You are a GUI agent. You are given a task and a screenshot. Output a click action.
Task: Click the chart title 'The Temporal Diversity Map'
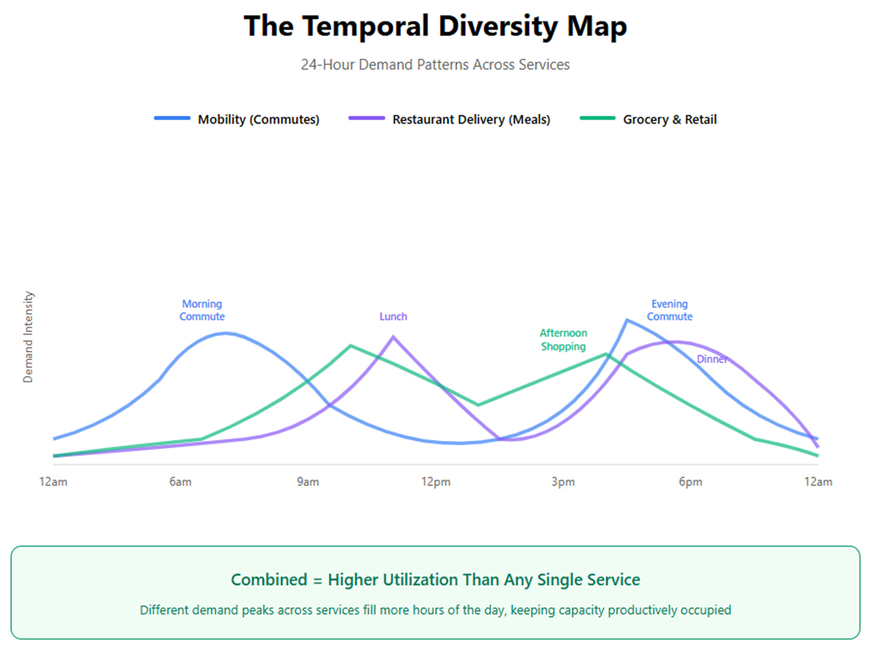pos(435,26)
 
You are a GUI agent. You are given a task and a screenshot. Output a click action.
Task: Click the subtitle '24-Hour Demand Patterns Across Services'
pos(435,65)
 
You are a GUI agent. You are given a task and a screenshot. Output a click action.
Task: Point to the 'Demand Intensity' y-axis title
pos(28,337)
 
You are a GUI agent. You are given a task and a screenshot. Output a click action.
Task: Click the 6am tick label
pos(180,482)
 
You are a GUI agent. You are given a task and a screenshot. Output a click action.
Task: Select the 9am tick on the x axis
pos(308,482)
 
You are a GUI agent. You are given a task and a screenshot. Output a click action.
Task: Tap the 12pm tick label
pos(435,482)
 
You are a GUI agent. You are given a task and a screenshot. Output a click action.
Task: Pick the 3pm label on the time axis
pos(563,482)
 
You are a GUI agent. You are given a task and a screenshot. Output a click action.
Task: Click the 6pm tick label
pos(690,482)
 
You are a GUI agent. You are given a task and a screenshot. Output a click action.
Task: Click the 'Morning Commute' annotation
pos(202,310)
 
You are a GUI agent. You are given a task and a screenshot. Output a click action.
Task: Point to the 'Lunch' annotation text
pos(393,316)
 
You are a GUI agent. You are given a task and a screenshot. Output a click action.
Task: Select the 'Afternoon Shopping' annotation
pos(563,340)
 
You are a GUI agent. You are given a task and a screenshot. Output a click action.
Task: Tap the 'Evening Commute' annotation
pos(669,310)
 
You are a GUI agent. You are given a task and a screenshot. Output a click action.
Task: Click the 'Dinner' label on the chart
pos(712,359)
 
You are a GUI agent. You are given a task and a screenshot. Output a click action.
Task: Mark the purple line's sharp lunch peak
pos(393,337)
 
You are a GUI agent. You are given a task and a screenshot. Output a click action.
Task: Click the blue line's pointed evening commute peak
pos(627,320)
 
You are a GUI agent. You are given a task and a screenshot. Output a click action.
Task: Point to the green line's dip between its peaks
pos(478,405)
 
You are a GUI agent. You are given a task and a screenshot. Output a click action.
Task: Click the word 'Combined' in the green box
pos(269,580)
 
